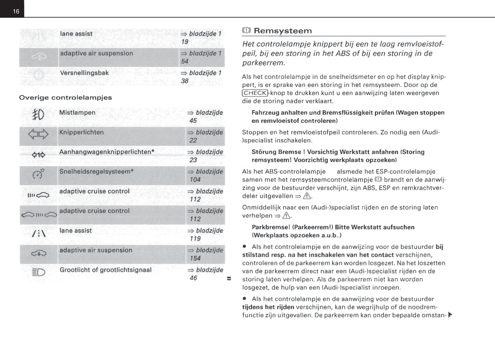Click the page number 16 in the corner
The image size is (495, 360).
pos(16,11)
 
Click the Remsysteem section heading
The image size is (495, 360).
pos(283,31)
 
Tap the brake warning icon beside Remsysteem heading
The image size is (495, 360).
pos(246,30)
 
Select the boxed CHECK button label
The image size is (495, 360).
pos(255,93)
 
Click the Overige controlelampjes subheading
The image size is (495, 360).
pos(65,97)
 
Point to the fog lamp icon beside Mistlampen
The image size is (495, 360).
pos(38,115)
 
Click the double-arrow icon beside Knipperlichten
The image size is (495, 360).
pos(38,134)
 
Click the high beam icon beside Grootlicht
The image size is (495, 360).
pos(38,272)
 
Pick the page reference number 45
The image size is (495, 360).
pos(193,121)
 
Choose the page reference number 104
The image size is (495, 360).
pos(195,180)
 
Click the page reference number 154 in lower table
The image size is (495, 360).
pos(195,258)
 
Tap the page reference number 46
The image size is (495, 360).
pos(194,278)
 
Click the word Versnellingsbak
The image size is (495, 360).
pos(84,73)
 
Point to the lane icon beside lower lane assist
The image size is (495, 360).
pos(38,233)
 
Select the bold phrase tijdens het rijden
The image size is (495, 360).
pos(268,307)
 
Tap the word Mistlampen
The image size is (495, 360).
pos(77,112)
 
